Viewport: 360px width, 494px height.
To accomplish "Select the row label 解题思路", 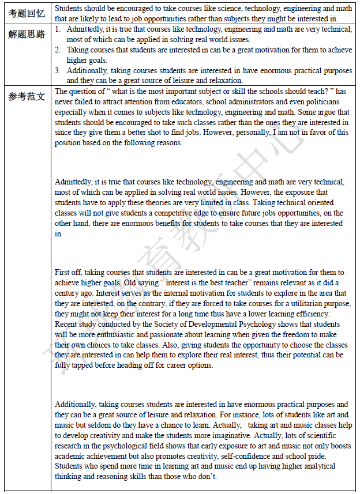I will point(27,34).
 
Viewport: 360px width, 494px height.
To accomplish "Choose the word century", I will point(67,293).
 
